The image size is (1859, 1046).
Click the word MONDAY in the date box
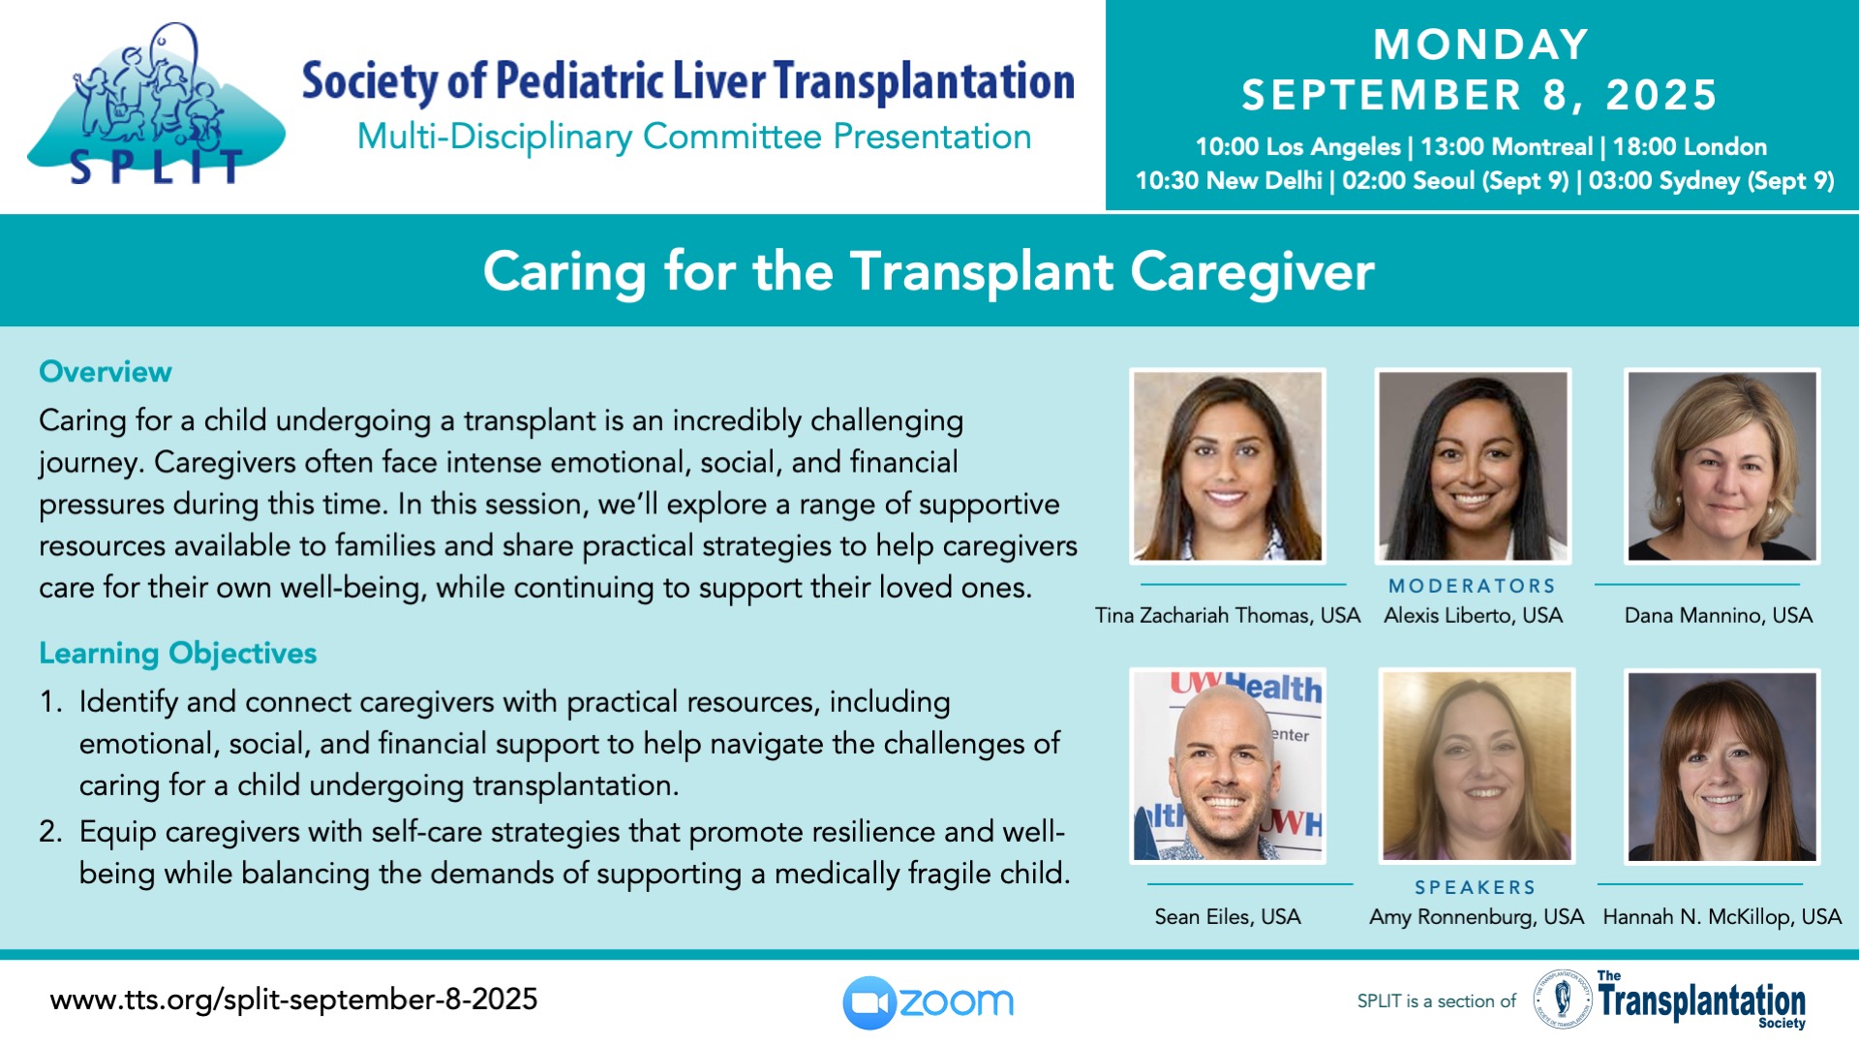pos(1480,45)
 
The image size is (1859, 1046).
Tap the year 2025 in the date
pos(1661,95)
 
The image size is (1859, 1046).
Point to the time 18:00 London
pos(1690,147)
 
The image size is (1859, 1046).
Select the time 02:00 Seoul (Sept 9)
pos(1455,181)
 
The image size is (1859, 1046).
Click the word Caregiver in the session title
pos(1252,272)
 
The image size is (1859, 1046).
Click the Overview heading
pos(106,372)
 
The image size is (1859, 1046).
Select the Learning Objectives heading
pos(178,654)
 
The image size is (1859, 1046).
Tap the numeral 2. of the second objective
pos(51,832)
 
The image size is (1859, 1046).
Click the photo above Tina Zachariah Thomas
pos(1228,466)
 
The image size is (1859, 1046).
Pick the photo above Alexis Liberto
pos(1473,466)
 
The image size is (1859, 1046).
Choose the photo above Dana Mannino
pos(1722,466)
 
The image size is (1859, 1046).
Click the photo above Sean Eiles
pos(1228,765)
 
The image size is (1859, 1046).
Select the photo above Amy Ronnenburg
pos(1477,765)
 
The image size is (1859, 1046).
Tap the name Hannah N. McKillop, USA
pos(1722,917)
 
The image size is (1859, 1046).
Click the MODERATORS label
pos(1473,586)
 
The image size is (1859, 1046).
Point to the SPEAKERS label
pos(1476,887)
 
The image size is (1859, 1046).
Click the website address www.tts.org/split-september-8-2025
pos(293,1000)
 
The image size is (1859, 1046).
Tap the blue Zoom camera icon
pos(869,1002)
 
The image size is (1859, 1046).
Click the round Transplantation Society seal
pos(1563,999)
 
